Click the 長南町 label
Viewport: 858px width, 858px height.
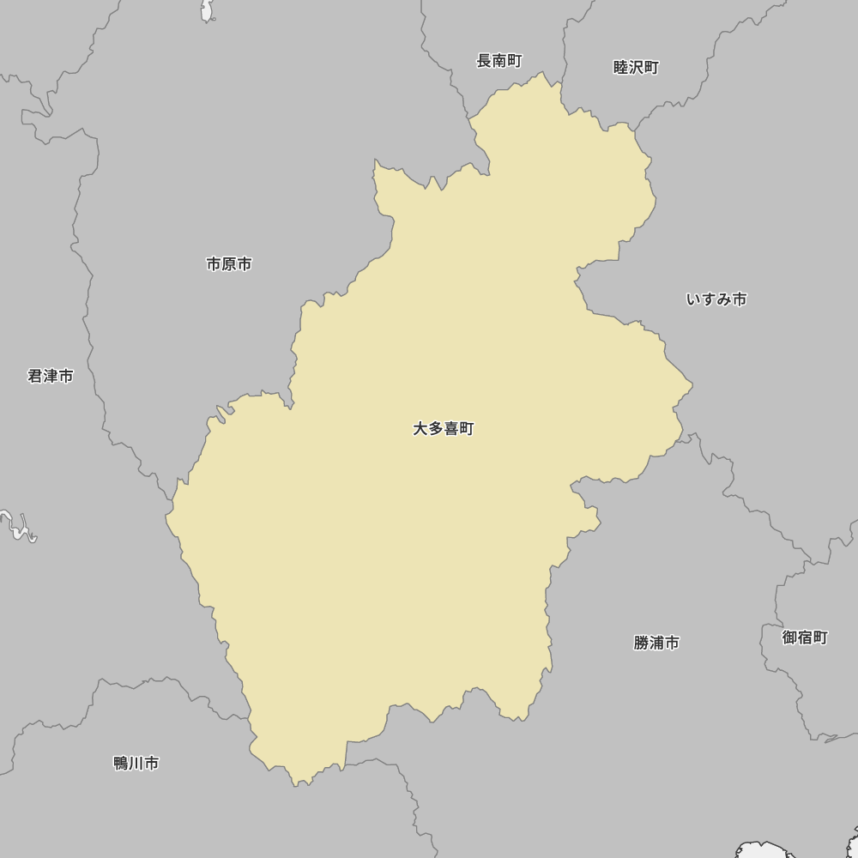pos(499,61)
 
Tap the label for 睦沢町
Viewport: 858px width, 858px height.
pos(636,68)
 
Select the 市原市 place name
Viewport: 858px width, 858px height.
pos(229,264)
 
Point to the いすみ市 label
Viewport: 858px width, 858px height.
pos(716,299)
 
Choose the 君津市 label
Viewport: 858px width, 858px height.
pos(51,376)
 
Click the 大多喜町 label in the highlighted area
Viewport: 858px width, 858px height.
pos(443,429)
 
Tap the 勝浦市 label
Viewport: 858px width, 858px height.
pos(656,643)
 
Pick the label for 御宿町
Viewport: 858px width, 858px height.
pos(805,637)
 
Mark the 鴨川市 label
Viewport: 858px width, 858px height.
pos(136,763)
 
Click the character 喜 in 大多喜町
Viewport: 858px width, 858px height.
pos(450,429)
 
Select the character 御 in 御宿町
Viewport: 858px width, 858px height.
pos(790,637)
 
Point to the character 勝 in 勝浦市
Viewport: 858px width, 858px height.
pos(642,643)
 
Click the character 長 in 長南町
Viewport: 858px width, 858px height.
pos(485,61)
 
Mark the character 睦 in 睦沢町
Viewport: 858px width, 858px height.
pos(621,68)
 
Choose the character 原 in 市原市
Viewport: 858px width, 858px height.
pos(229,264)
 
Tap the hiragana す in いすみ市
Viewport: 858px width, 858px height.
pos(709,299)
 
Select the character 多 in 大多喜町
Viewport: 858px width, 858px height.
pos(435,429)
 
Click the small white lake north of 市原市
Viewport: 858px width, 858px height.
pos(207,10)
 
